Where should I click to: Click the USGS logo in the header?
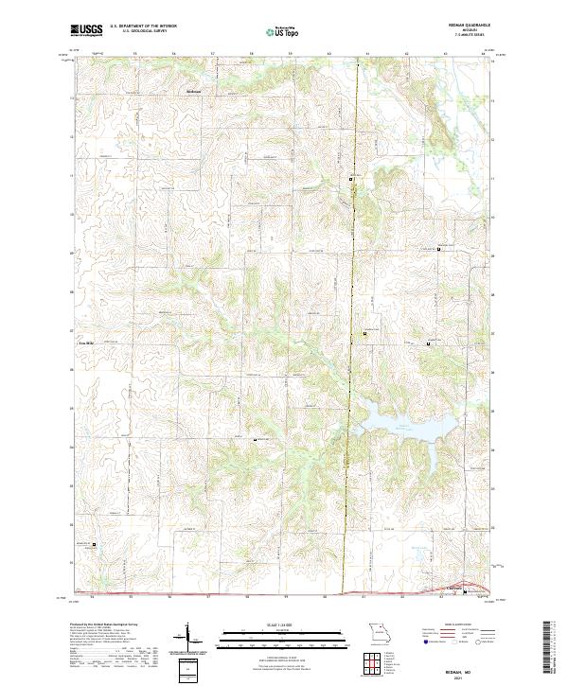click(87, 30)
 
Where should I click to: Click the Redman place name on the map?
click(194, 91)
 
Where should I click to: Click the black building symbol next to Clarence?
click(464, 593)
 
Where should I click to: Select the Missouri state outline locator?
click(380, 633)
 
